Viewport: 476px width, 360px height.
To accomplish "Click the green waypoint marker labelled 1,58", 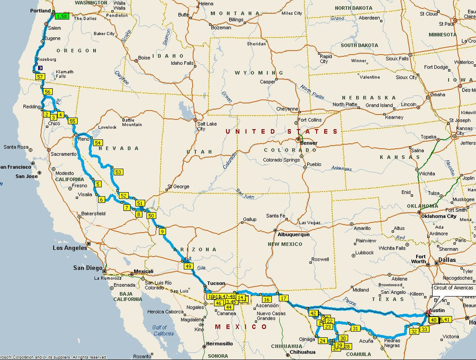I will (x=62, y=17).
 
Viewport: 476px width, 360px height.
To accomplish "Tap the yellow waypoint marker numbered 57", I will (x=40, y=77).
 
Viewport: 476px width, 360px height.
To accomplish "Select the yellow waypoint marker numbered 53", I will (x=118, y=172).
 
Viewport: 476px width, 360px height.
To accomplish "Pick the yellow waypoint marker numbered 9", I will (x=162, y=232).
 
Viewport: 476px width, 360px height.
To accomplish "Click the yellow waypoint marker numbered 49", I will (x=189, y=266).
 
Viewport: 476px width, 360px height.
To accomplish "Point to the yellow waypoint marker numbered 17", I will (x=283, y=298).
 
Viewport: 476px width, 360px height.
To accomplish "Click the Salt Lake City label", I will (x=200, y=126).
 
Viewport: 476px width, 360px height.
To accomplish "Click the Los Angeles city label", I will (x=70, y=248).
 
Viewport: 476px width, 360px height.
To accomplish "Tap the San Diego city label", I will (x=88, y=268).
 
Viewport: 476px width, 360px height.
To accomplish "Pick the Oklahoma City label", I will (x=438, y=216).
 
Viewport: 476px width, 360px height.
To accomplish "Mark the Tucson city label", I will (x=216, y=283).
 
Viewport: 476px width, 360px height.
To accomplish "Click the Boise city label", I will (x=144, y=58).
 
